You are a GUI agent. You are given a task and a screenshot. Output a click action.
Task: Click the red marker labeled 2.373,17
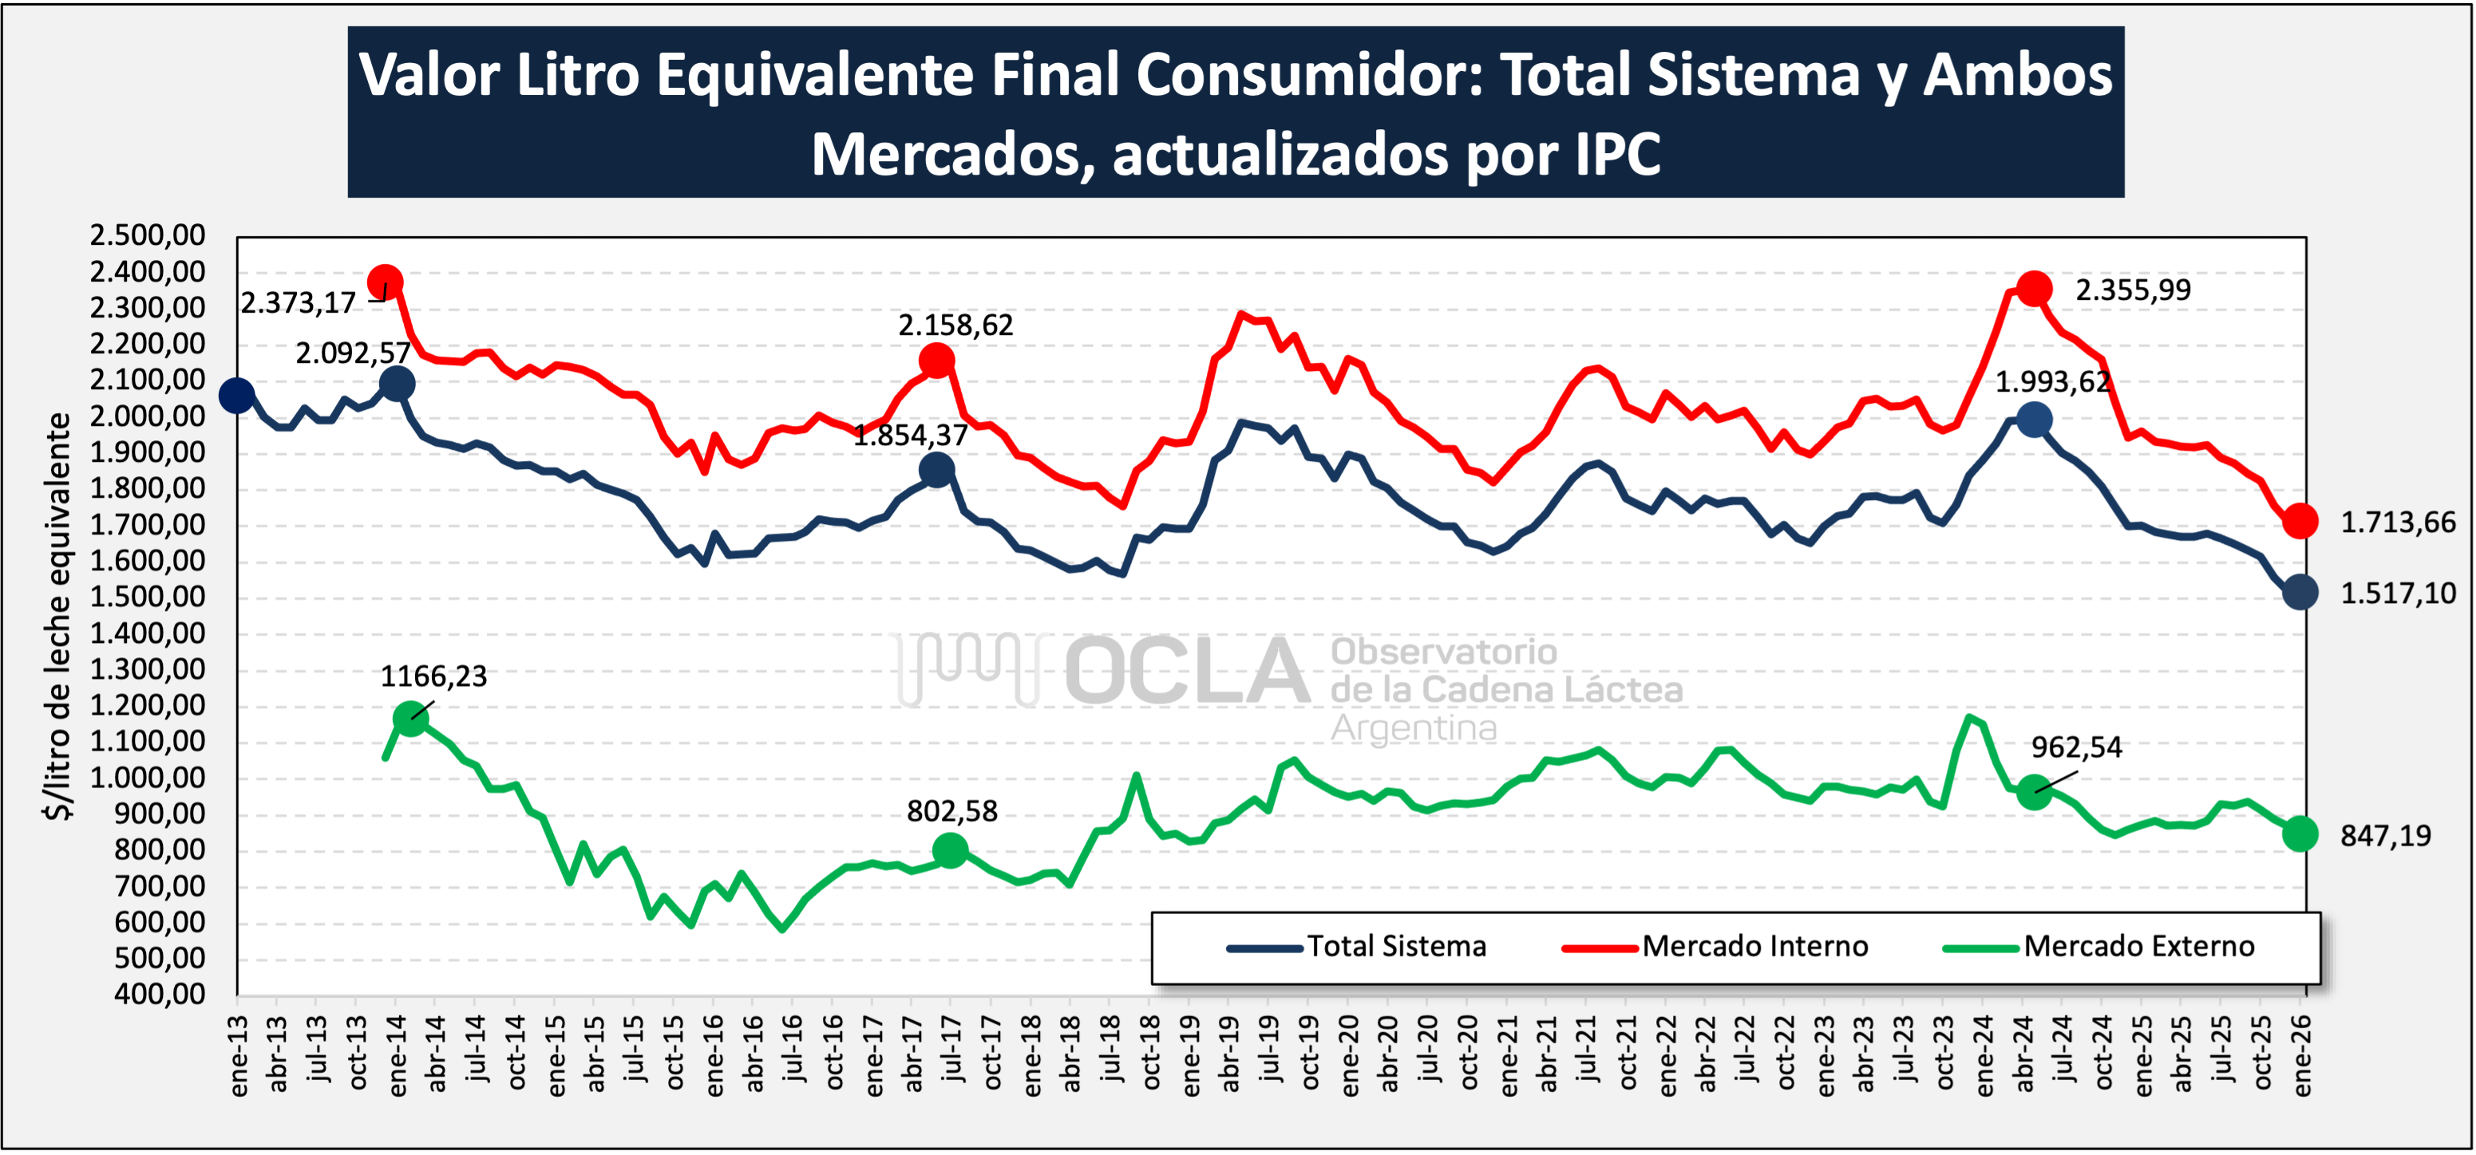click(x=385, y=282)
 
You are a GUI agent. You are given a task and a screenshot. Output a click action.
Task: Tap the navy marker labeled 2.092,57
click(x=397, y=384)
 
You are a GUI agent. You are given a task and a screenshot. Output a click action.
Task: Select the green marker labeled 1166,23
click(x=410, y=718)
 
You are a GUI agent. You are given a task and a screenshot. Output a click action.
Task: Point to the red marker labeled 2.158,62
click(x=936, y=361)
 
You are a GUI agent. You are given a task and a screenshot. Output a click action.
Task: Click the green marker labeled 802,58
click(x=950, y=849)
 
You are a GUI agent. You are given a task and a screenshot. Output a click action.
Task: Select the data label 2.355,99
click(x=2133, y=290)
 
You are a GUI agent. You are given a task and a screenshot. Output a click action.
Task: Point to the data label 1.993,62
click(x=2052, y=382)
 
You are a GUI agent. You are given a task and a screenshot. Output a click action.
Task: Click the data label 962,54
click(x=2076, y=747)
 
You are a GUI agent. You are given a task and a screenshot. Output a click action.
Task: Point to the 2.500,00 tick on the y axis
click(x=148, y=235)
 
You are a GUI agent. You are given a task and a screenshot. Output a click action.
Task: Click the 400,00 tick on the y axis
click(x=160, y=994)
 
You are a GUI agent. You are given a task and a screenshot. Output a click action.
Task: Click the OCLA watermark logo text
click(x=1187, y=670)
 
